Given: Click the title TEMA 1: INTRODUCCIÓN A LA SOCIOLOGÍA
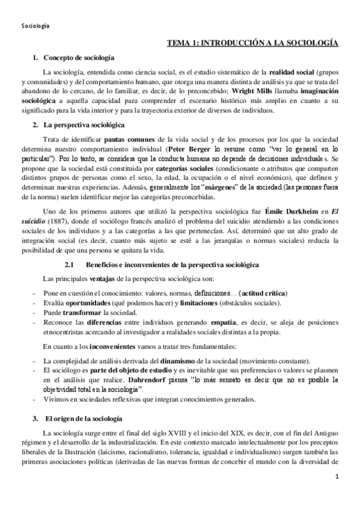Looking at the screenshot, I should coord(252,43).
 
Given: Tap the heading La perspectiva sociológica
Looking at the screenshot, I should coord(84,125).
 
